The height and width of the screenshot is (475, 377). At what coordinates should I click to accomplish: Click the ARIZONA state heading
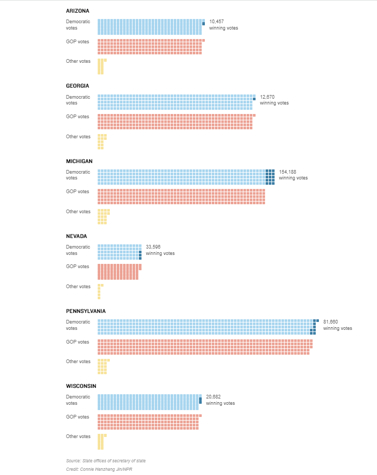pyautogui.click(x=78, y=11)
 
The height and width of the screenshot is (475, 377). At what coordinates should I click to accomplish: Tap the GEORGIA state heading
pyautogui.click(x=78, y=85)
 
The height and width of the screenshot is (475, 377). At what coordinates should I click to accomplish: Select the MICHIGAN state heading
pyautogui.click(x=79, y=161)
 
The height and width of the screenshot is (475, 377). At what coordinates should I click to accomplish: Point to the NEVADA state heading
pyautogui.click(x=77, y=236)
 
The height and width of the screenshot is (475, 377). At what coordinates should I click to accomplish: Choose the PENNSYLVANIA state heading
pyautogui.click(x=86, y=311)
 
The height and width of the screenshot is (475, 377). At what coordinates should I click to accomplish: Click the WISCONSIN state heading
pyautogui.click(x=81, y=386)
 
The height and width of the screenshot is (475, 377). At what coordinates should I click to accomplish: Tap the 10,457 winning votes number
pyautogui.click(x=216, y=22)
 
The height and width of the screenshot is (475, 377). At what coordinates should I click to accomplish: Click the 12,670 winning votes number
pyautogui.click(x=267, y=97)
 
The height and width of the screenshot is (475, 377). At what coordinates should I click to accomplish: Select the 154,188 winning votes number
pyautogui.click(x=288, y=172)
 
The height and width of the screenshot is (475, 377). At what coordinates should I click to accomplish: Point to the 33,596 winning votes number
pyautogui.click(x=153, y=247)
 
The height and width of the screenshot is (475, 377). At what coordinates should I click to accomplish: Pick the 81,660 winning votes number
pyautogui.click(x=331, y=322)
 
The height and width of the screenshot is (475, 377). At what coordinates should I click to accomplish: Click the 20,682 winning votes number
pyautogui.click(x=213, y=396)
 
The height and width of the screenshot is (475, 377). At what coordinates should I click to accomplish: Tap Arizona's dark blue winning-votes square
pyautogui.click(x=204, y=24)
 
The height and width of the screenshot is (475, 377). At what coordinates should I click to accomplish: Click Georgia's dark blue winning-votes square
pyautogui.click(x=255, y=99)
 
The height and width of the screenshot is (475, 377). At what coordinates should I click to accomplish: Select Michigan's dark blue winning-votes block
pyautogui.click(x=270, y=177)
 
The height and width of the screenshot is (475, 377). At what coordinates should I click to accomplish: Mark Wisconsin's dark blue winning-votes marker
pyautogui.click(x=200, y=401)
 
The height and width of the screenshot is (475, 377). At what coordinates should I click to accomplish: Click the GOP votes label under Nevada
pyautogui.click(x=78, y=267)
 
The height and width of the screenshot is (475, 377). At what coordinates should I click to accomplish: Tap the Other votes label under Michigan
pyautogui.click(x=78, y=212)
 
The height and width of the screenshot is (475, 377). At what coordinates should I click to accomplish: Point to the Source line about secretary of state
pyautogui.click(x=106, y=461)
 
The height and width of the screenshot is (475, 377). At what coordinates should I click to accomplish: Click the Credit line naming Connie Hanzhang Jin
pyautogui.click(x=99, y=469)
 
